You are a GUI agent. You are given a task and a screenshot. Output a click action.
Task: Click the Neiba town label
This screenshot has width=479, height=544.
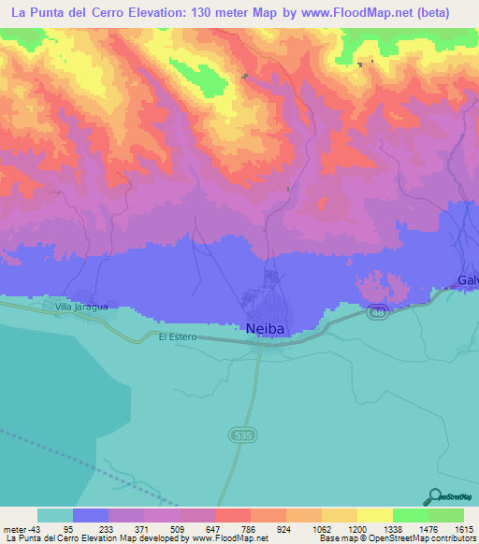tap(265, 329)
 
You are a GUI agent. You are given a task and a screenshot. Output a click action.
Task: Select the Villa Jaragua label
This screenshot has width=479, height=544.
tap(81, 306)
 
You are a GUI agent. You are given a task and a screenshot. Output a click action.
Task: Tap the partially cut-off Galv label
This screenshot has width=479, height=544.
tap(468, 280)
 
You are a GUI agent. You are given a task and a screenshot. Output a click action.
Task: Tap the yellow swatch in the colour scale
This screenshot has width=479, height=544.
tap(374, 515)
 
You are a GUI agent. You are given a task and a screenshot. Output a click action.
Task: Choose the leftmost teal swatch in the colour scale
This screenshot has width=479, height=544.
tap(55, 515)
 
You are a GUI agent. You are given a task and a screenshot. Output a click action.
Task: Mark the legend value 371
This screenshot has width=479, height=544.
tap(140, 528)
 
